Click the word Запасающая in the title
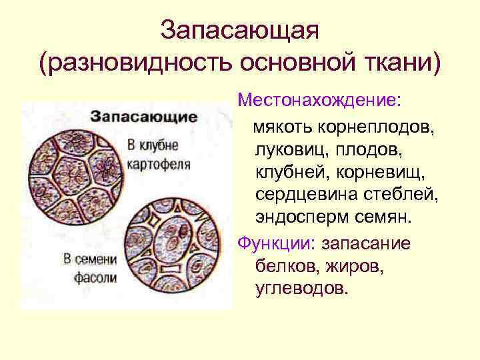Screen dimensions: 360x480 click(x=240, y=30)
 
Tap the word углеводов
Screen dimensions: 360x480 click(x=301, y=289)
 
